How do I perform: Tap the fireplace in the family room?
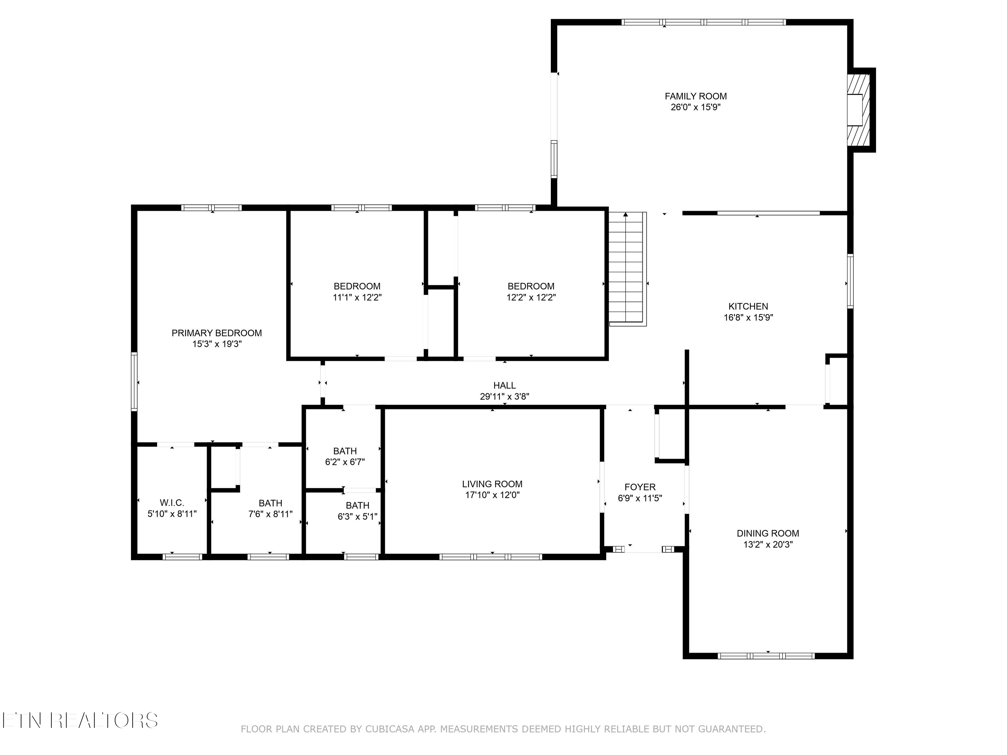[x=858, y=110]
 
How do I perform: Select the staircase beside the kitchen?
[x=627, y=268]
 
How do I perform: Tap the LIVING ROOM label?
[x=492, y=484]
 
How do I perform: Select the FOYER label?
[x=640, y=487]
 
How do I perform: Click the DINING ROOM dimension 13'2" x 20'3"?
[x=768, y=544]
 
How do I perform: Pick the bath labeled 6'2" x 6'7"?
[x=345, y=456]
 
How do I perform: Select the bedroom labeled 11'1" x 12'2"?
[x=356, y=292]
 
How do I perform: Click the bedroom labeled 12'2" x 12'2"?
[x=531, y=292]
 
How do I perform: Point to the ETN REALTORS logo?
[x=80, y=720]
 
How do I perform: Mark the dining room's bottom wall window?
[x=766, y=656]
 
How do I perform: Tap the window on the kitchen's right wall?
[x=850, y=281]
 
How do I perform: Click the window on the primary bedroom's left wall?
[x=134, y=382]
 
